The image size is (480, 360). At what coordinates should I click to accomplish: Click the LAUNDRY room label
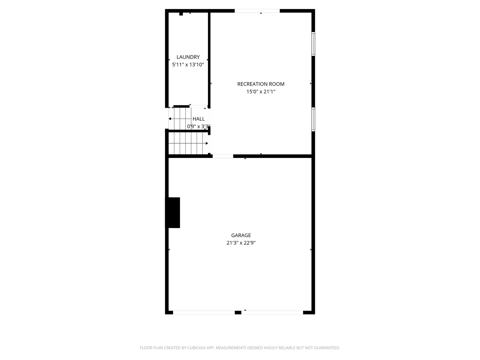(188, 57)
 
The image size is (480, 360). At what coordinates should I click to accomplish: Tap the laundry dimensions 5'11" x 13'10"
(188, 65)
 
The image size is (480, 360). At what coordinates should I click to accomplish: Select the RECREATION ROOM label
(261, 84)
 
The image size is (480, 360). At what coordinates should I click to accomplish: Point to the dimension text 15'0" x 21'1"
(261, 92)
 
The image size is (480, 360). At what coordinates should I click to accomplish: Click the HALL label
(199, 119)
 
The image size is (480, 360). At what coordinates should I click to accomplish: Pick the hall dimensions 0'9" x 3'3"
(199, 127)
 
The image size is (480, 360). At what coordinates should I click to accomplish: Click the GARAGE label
(241, 235)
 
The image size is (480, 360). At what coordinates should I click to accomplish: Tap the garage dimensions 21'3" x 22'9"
(241, 243)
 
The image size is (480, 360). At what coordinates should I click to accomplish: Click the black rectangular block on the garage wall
(173, 213)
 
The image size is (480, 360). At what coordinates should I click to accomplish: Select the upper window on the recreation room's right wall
(313, 44)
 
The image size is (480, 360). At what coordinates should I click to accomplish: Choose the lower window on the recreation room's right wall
(313, 119)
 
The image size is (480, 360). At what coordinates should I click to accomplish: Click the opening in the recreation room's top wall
(257, 11)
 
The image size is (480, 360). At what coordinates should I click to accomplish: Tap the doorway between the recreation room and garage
(223, 156)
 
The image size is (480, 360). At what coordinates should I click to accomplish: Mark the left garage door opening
(204, 313)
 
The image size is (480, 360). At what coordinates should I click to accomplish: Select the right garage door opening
(272, 313)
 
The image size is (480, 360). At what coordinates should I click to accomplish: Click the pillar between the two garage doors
(238, 313)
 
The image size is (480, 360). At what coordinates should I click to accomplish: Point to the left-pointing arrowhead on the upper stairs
(170, 119)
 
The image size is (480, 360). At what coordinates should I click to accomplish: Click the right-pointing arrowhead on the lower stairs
(207, 143)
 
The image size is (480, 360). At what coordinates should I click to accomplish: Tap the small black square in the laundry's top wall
(181, 14)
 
